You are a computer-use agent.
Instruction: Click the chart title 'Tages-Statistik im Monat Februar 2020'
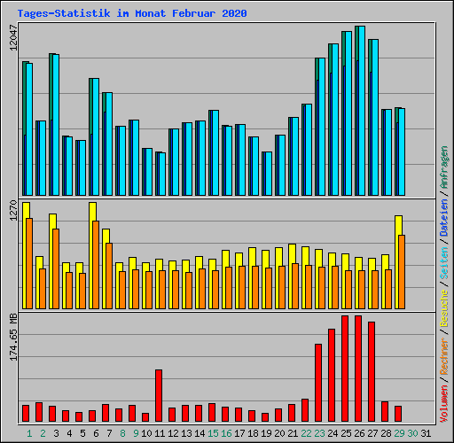click(132, 13)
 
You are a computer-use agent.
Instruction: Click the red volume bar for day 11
click(159, 395)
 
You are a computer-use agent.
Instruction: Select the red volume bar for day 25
click(345, 369)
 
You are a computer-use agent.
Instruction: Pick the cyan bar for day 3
click(56, 125)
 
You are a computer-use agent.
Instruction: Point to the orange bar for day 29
click(402, 272)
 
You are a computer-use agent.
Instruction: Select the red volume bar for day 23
click(318, 383)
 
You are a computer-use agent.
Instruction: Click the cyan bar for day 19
click(269, 174)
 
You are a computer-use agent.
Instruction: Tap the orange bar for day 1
click(29, 263)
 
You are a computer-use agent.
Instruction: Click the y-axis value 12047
click(13, 37)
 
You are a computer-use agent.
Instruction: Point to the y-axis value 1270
click(13, 210)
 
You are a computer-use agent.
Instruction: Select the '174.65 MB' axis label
click(13, 337)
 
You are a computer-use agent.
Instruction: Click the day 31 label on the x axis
click(426, 433)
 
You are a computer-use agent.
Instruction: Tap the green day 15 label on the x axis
click(213, 433)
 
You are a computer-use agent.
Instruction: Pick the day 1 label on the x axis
click(29, 433)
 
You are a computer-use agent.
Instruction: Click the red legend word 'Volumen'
click(443, 403)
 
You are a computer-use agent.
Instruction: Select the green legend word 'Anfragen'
click(443, 167)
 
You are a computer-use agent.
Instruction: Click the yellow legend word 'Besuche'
click(443, 307)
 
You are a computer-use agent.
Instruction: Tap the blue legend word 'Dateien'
click(443, 217)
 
